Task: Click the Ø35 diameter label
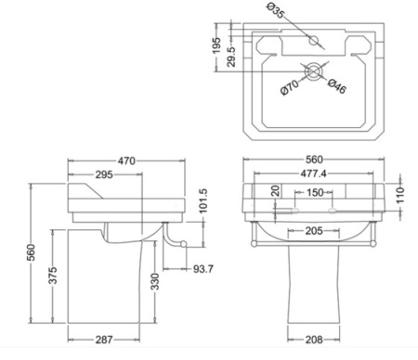pos(275,10)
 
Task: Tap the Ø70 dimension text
pos(290,87)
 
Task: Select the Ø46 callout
pos(336,86)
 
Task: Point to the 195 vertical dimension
pos(217,45)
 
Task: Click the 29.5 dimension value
pos(231,57)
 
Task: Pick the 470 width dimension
pos(126,161)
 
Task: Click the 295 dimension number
pos(104,174)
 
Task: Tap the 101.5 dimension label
pos(202,201)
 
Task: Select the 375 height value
pos(53,276)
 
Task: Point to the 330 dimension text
pos(155,281)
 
